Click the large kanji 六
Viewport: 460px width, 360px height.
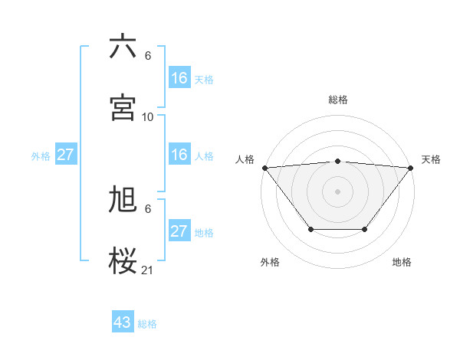[x=123, y=47]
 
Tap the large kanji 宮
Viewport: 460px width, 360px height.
[x=123, y=108]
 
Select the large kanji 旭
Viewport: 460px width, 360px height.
[x=123, y=200]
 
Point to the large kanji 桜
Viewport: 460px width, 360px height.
[x=123, y=261]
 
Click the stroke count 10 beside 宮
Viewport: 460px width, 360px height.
[x=148, y=117]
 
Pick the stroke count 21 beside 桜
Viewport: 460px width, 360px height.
[x=148, y=270]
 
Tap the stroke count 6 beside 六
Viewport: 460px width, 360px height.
[x=148, y=56]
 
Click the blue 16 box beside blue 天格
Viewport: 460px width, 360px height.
[x=179, y=78]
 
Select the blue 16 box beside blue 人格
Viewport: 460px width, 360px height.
[x=179, y=155]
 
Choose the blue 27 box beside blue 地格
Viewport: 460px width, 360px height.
[x=179, y=231]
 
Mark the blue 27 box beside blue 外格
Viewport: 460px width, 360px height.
[x=65, y=155]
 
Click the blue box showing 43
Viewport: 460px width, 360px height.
[x=123, y=322]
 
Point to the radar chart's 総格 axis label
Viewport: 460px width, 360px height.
[x=338, y=100]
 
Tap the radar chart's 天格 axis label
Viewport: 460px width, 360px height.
[x=431, y=159]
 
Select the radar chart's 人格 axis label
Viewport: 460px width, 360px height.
[x=244, y=159]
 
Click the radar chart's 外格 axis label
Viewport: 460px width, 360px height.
[x=270, y=262]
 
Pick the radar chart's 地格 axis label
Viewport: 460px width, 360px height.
[x=402, y=262]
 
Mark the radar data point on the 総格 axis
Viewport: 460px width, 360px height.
[x=338, y=161]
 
